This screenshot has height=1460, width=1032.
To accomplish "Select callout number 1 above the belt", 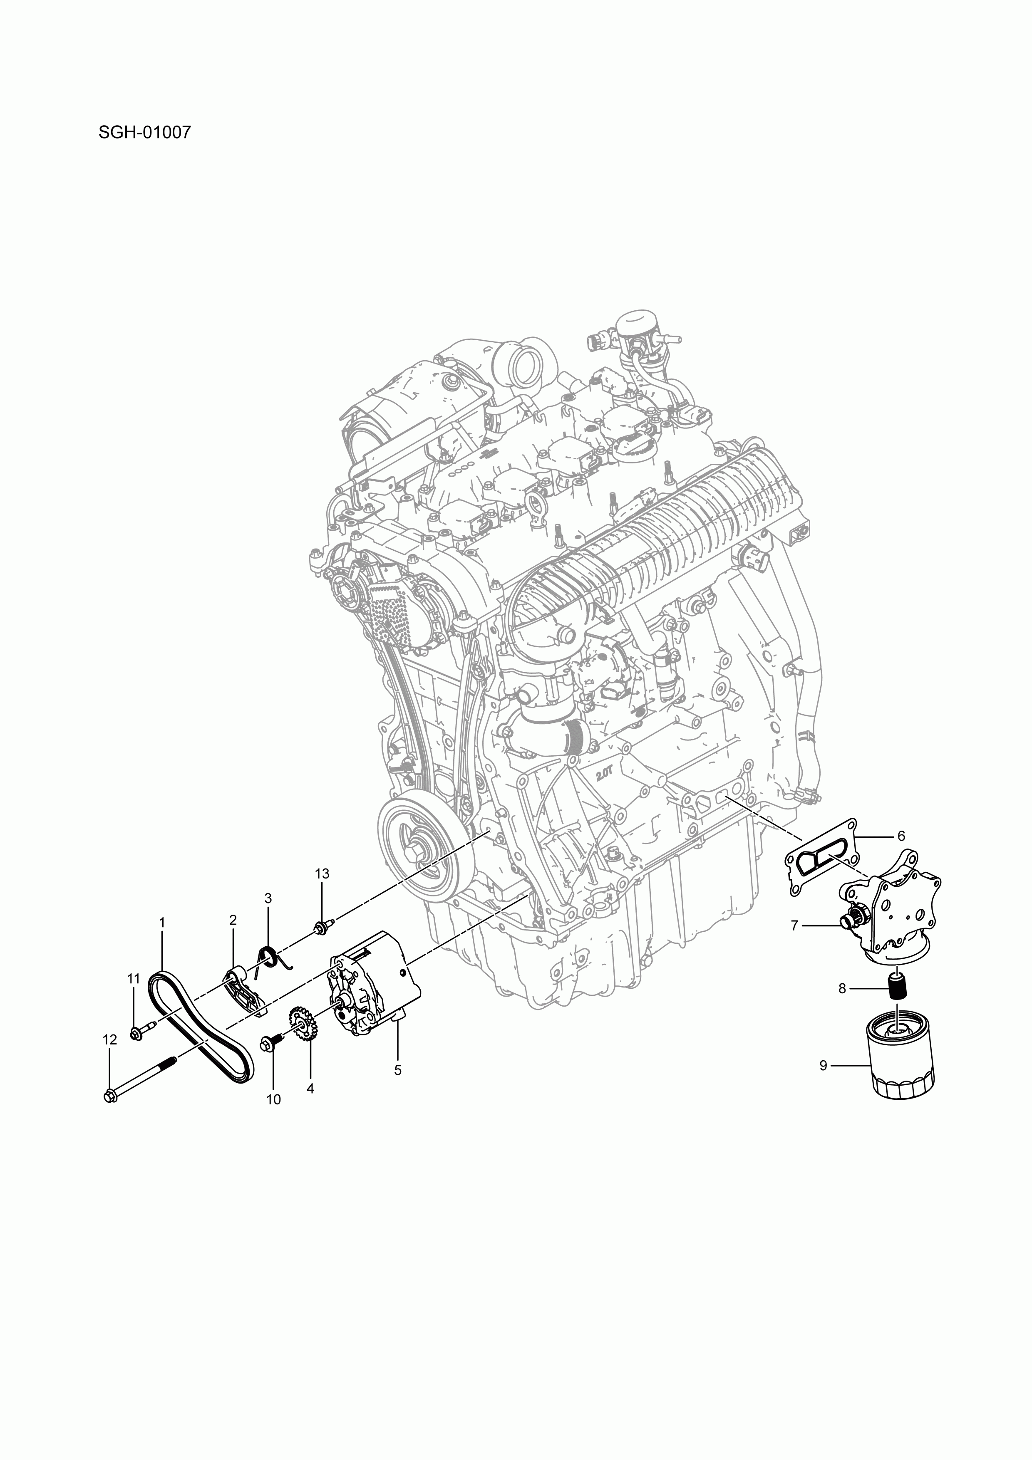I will [x=162, y=921].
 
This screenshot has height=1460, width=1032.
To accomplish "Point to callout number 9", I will [x=823, y=1065].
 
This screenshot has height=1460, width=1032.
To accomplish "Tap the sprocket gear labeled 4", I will [x=303, y=1024].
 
